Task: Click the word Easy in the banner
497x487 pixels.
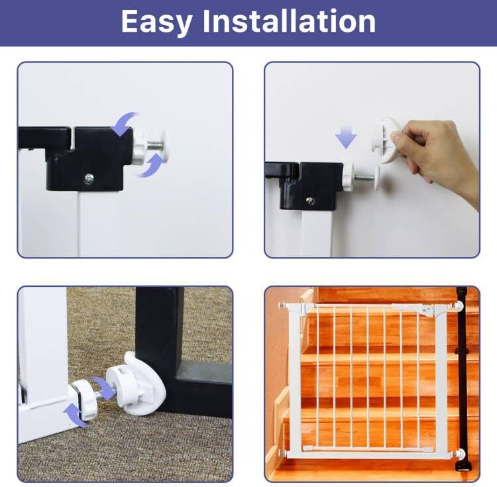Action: point(156,22)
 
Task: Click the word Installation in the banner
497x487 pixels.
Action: point(289,21)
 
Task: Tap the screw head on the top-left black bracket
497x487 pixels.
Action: point(89,179)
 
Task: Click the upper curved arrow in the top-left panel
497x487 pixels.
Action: point(126,124)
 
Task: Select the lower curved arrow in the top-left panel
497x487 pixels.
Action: point(152,166)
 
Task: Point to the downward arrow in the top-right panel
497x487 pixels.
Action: point(346,136)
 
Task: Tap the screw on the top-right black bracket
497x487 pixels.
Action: point(309,201)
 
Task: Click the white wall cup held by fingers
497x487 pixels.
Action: point(388,140)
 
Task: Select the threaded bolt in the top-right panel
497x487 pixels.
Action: point(364,176)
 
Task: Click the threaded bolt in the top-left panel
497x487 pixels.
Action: point(155,146)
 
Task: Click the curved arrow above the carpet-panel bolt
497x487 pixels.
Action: point(103,387)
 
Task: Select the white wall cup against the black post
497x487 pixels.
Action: point(137,384)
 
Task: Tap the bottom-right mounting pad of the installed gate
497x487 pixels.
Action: point(459,453)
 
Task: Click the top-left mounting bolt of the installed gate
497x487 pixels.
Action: point(283,305)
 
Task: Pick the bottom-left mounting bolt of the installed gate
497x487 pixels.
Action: point(283,453)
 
